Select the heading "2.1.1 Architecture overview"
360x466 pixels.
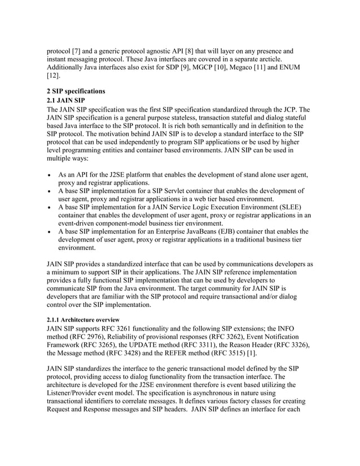pos(82,319)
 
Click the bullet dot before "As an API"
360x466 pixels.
pos(49,175)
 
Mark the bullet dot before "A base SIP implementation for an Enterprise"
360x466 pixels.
pos(49,231)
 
